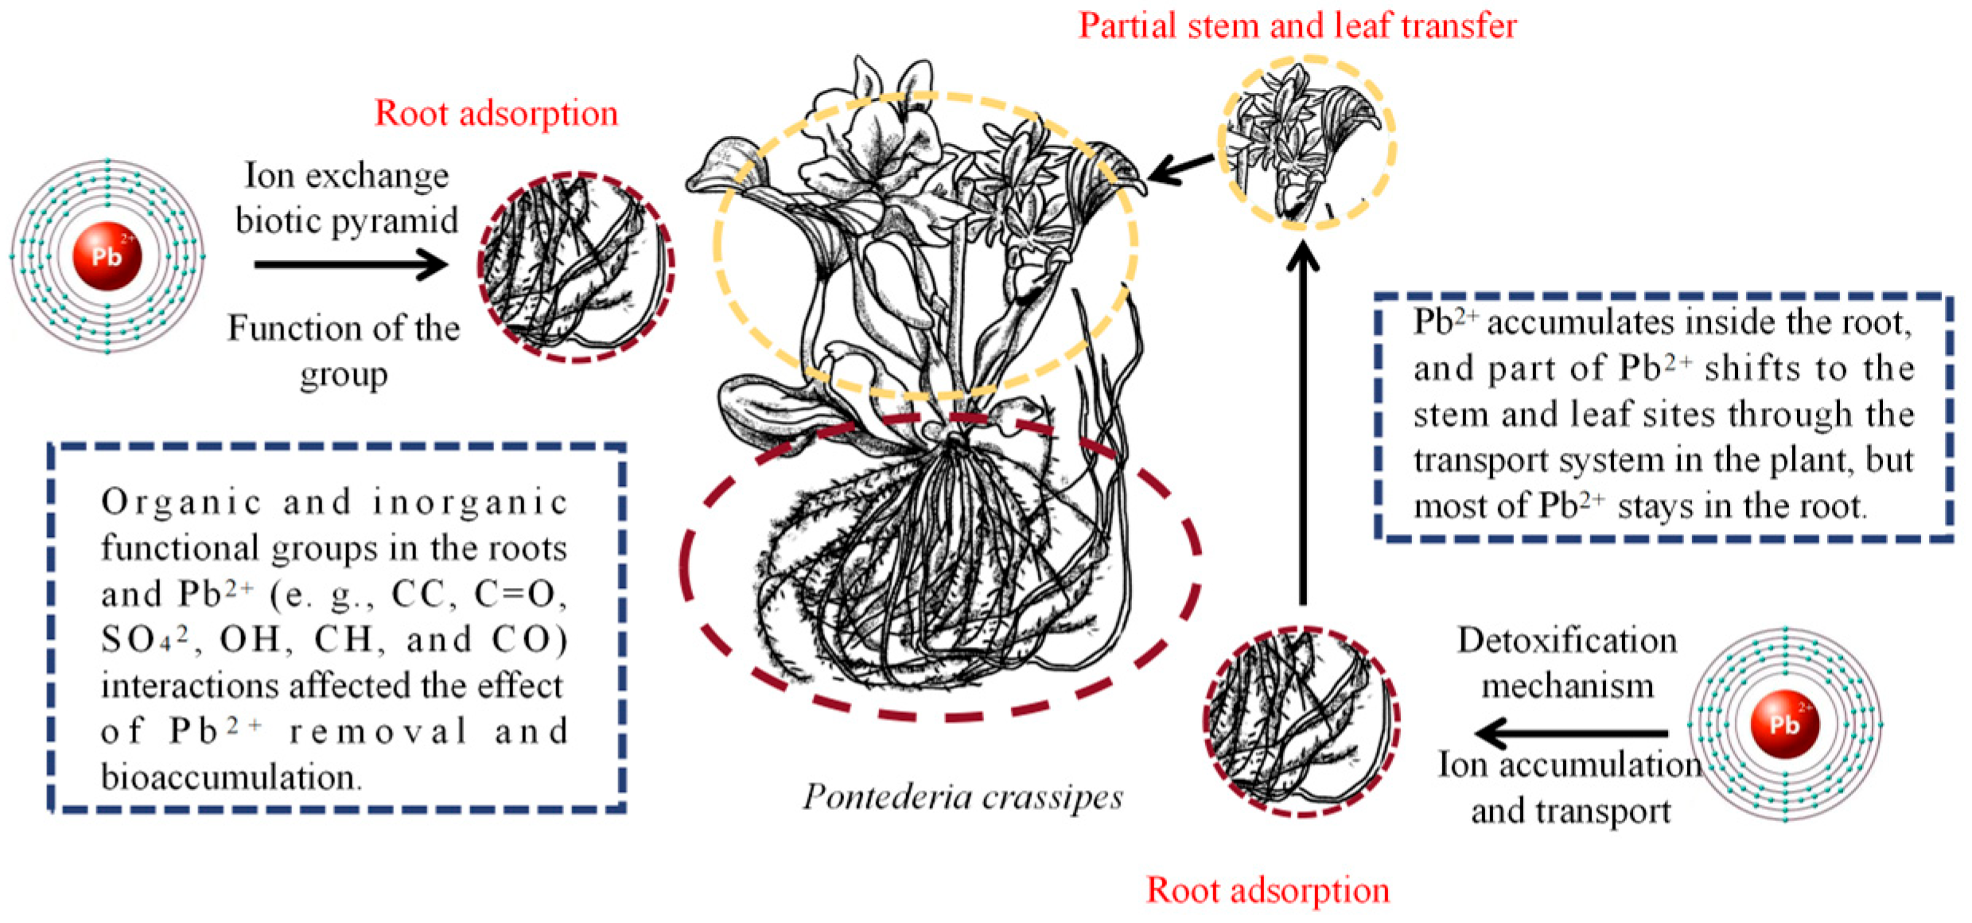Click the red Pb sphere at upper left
tap(107, 256)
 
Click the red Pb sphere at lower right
tap(1784, 723)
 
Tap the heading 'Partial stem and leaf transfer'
tap(1297, 25)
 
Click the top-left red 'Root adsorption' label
tap(496, 113)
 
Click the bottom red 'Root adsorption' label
tap(1267, 890)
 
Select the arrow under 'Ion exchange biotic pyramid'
tap(350, 264)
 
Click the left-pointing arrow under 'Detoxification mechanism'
tap(1571, 733)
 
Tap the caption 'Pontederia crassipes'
tap(962, 796)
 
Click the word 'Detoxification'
tap(1566, 641)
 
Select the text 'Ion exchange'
tap(346, 175)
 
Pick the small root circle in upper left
tap(576, 267)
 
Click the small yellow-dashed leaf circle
tap(1306, 143)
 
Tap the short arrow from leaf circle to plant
tap(1180, 168)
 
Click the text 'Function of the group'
tap(344, 350)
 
